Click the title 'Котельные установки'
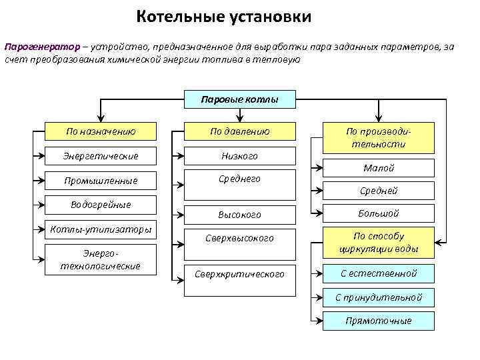tap(224, 15)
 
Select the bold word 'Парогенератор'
tap(41, 47)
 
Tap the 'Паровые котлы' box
tap(239, 100)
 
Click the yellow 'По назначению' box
tap(101, 131)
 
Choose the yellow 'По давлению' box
tap(239, 131)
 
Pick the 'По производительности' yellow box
tap(378, 137)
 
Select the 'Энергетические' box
tap(101, 155)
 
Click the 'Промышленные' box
tap(101, 180)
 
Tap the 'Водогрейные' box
tap(101, 204)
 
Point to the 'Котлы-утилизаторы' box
tap(101, 229)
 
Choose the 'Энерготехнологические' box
tap(101, 259)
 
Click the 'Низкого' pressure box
tap(239, 155)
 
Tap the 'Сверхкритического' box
tap(239, 274)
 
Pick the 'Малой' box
tap(378, 168)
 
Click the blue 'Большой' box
tap(378, 213)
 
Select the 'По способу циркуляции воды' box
tap(378, 243)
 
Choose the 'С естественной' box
tap(378, 273)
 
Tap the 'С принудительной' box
tap(378, 297)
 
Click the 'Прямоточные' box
tap(378, 321)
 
